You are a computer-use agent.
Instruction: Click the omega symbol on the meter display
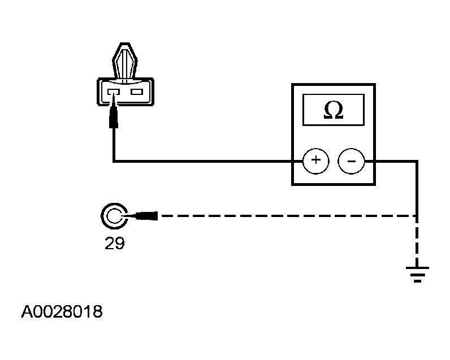coord(334,110)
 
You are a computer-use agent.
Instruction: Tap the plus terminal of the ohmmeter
coord(316,161)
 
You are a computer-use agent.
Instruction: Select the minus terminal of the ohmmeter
coord(351,161)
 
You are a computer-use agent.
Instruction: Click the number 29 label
coord(115,243)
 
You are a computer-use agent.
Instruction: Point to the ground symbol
coord(417,274)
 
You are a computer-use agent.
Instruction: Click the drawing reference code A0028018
coord(62,311)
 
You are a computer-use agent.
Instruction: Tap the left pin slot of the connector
coord(114,92)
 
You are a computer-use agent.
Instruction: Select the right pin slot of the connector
coord(137,92)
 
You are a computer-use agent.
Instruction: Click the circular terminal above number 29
coord(114,216)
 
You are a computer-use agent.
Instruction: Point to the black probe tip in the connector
coord(114,111)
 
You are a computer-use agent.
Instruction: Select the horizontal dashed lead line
coord(288,216)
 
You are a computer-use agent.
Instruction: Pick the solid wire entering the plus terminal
coord(209,162)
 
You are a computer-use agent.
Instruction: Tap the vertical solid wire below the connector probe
coord(114,145)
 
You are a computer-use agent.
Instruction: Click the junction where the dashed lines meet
coord(417,216)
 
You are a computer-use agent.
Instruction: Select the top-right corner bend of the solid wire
coord(417,162)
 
